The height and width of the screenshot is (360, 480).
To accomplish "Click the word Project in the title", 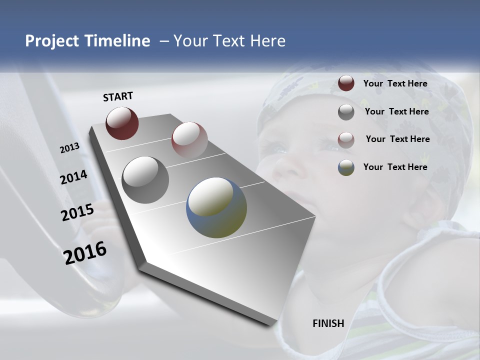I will pyautogui.click(x=52, y=41).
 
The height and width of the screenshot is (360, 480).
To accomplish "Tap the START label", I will pyautogui.click(x=118, y=96).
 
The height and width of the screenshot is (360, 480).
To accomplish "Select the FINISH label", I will pyautogui.click(x=328, y=323).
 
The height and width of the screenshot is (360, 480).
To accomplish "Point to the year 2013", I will pyautogui.click(x=70, y=148).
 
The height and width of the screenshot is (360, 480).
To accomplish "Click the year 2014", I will pyautogui.click(x=74, y=177).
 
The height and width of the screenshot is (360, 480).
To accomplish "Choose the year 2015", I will pyautogui.click(x=77, y=212).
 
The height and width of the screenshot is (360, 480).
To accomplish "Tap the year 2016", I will pyautogui.click(x=85, y=253).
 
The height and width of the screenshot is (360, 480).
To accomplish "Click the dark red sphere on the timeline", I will pyautogui.click(x=122, y=123).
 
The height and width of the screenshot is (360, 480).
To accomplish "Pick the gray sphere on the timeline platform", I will pyautogui.click(x=145, y=179).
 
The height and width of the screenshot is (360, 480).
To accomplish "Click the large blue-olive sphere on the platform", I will pyautogui.click(x=216, y=207).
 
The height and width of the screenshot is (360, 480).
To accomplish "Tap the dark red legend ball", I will pyautogui.click(x=346, y=83).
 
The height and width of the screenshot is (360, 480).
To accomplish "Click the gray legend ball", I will pyautogui.click(x=346, y=112).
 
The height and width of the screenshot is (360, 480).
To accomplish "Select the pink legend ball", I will pyautogui.click(x=346, y=139).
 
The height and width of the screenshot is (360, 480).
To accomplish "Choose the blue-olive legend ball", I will pyautogui.click(x=346, y=167).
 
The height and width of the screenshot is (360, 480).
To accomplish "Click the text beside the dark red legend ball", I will pyautogui.click(x=395, y=83).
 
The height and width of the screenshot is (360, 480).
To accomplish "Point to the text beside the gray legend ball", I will pyautogui.click(x=396, y=111).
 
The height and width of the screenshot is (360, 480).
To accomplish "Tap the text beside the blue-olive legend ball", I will pyautogui.click(x=395, y=167).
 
